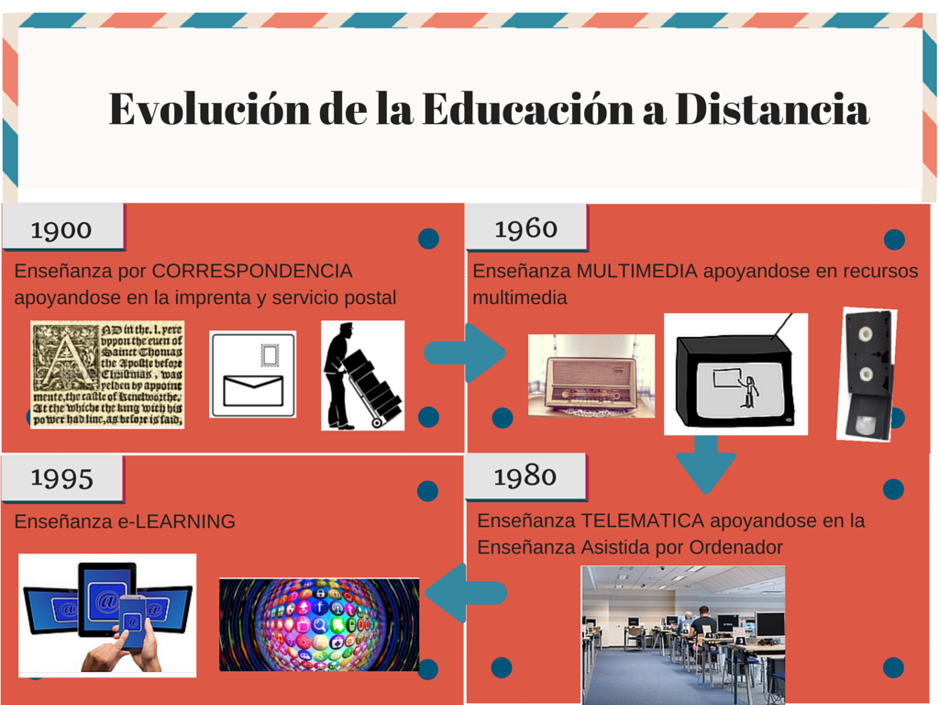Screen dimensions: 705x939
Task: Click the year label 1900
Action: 61,229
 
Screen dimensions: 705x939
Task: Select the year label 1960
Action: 525,228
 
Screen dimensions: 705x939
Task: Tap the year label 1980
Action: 525,476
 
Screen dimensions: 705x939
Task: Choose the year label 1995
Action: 61,477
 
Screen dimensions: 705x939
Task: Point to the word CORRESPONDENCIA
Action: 252,271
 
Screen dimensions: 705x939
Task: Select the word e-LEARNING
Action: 177,521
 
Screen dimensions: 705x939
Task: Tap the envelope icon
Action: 252,375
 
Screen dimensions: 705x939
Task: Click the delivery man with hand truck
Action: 361,375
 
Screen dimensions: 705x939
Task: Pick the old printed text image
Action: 107,374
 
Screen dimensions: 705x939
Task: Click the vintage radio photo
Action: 591,375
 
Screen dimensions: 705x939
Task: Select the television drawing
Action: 735,374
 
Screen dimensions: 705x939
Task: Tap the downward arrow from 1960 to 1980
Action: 705,464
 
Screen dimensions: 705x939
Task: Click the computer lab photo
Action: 683,634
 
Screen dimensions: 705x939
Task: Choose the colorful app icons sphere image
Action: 319,624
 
